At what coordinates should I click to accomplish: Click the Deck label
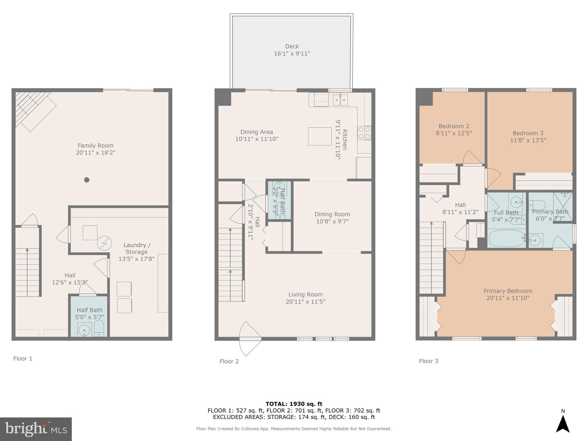[292, 47]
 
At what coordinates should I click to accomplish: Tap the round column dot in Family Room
[87, 180]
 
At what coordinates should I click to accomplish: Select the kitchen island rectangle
[320, 136]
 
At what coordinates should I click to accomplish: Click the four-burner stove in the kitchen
[364, 133]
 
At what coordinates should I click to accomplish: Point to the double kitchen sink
[340, 100]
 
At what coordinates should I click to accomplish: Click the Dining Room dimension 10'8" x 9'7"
[332, 221]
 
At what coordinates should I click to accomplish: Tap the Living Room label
[305, 295]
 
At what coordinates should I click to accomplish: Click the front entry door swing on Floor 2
[249, 339]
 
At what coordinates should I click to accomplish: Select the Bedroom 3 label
[528, 133]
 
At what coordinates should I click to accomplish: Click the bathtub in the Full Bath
[506, 238]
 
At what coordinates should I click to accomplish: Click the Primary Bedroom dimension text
[508, 298]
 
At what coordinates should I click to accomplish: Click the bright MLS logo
[36, 429]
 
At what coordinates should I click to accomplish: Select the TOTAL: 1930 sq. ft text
[294, 404]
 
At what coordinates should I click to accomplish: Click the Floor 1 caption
[23, 359]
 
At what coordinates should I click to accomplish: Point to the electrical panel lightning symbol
[104, 243]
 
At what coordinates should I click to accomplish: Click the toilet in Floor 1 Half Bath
[99, 328]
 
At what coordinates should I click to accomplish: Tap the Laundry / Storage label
[137, 248]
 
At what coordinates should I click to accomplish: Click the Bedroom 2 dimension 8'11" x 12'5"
[454, 133]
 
